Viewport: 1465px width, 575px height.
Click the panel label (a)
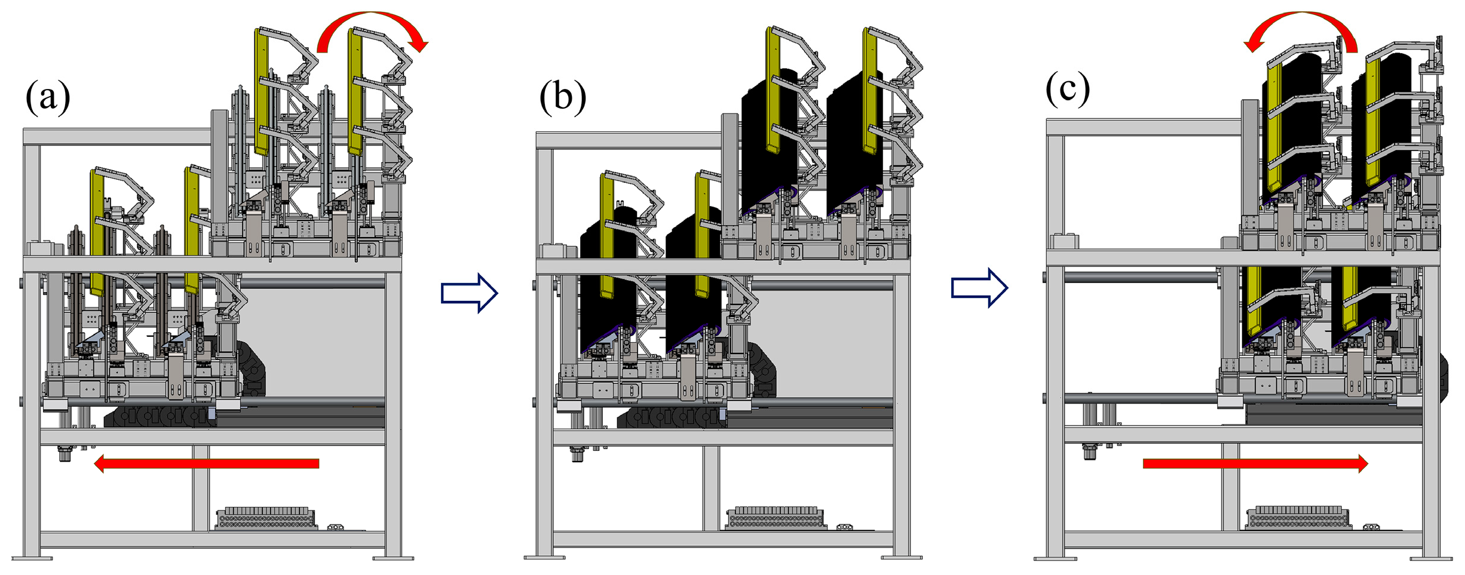click(x=48, y=97)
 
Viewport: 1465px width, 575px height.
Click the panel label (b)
click(x=562, y=97)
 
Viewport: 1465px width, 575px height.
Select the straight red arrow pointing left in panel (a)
click(x=207, y=463)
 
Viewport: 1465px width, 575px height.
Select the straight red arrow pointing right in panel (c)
click(x=1255, y=463)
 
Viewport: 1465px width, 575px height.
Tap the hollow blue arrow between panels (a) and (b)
click(x=469, y=293)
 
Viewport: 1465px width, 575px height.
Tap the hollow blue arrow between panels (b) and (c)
click(x=979, y=288)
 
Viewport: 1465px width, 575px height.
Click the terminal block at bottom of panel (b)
click(x=776, y=518)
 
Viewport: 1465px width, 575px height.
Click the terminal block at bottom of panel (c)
click(x=1297, y=518)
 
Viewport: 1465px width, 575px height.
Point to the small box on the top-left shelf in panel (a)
click(x=41, y=248)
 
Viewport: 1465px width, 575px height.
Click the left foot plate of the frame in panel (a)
click(x=32, y=558)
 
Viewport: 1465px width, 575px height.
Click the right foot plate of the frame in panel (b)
click(x=901, y=558)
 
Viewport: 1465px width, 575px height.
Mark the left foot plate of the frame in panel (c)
click(x=1055, y=558)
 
